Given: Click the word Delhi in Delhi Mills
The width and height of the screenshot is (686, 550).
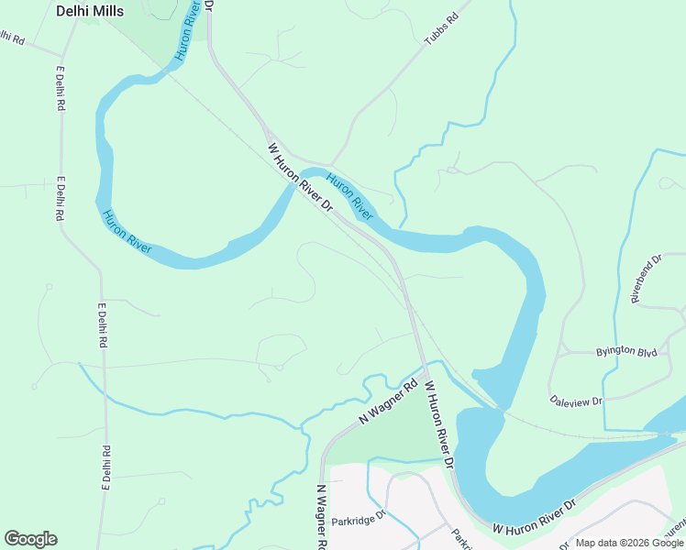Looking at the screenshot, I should tap(73, 12).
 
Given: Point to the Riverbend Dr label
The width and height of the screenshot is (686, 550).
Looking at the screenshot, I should tap(646, 279).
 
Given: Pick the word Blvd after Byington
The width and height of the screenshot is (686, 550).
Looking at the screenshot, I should tap(647, 351).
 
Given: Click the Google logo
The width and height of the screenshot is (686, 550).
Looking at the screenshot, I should tap(30, 539).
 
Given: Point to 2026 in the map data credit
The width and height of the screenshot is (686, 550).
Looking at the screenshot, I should tap(633, 543).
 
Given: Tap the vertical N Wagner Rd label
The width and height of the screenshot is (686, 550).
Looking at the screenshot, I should tap(321, 518).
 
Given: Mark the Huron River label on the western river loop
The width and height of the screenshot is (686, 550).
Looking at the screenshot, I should tap(127, 233).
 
